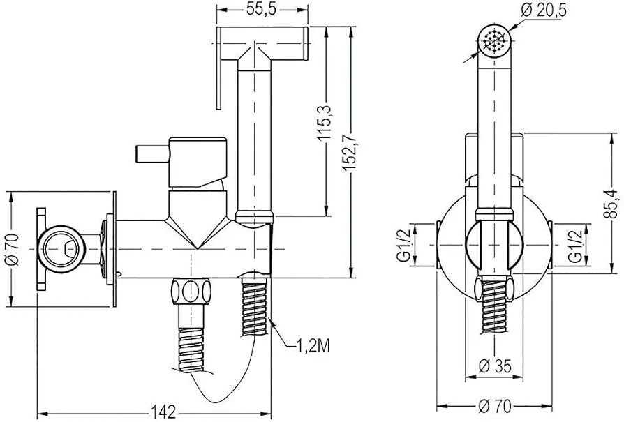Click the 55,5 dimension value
[262, 10]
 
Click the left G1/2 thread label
[403, 245]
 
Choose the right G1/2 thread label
[574, 245]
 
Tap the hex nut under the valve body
[191, 291]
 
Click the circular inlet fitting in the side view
[61, 246]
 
